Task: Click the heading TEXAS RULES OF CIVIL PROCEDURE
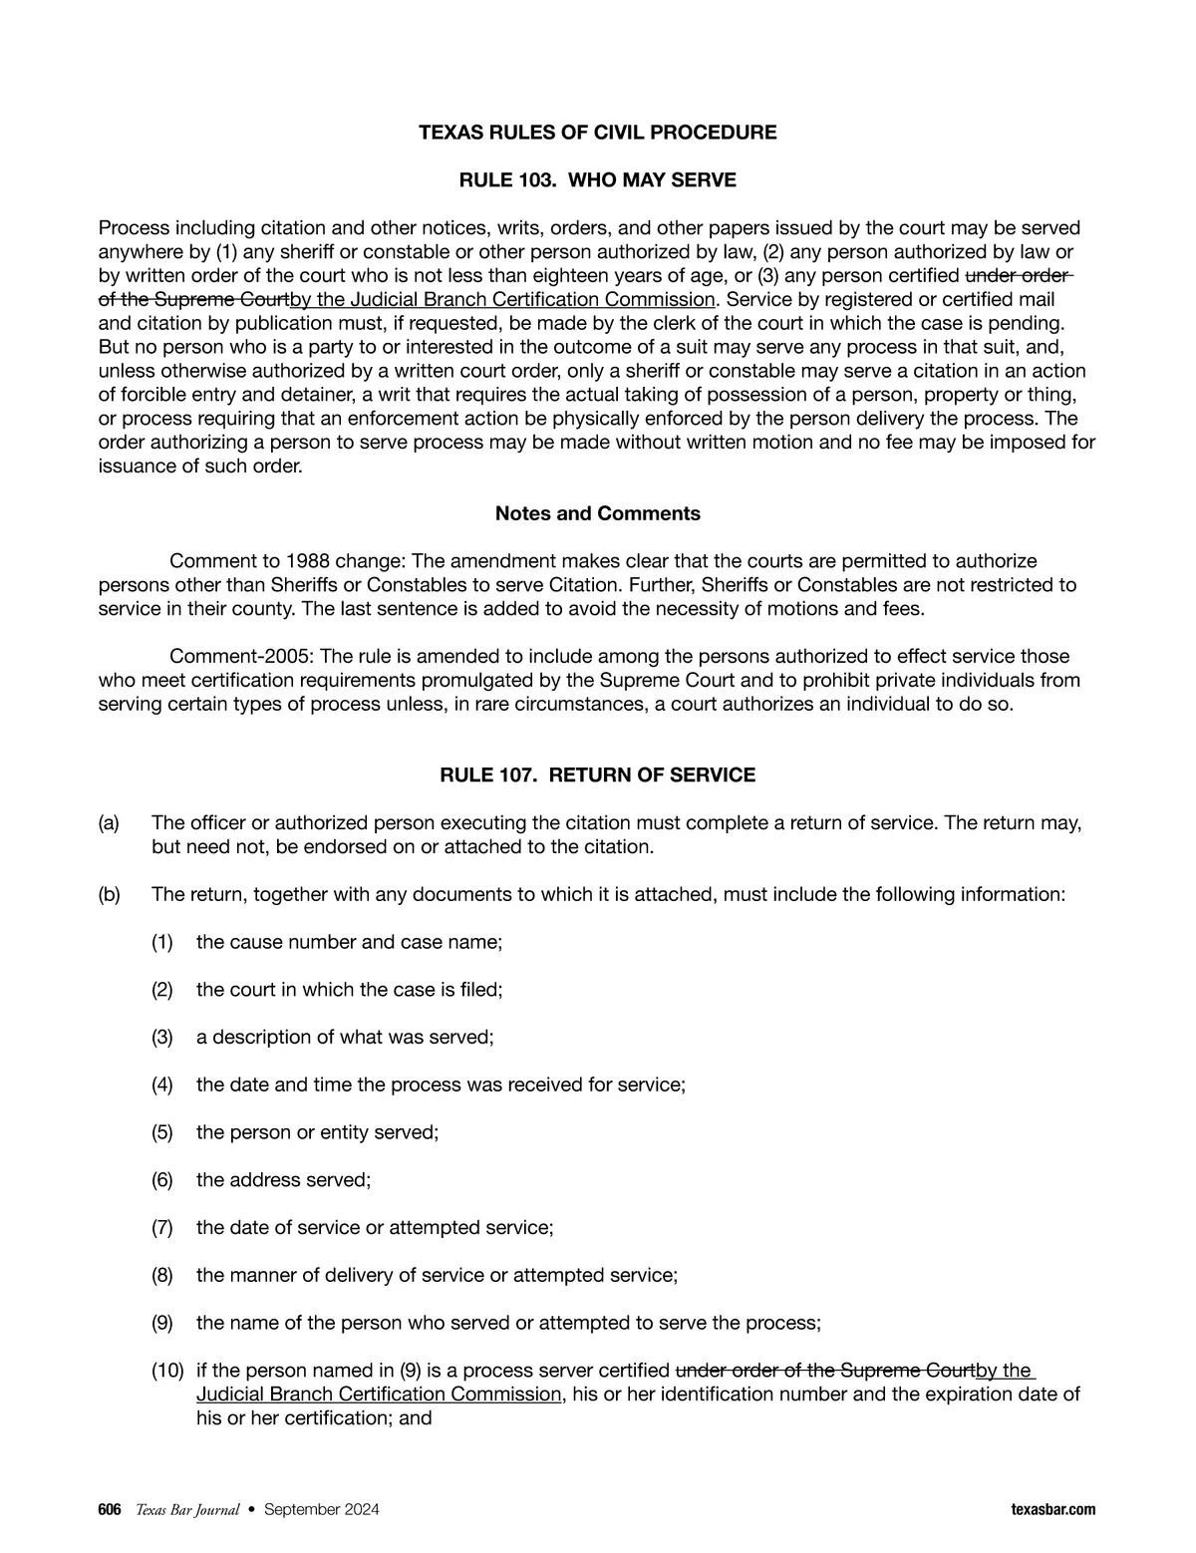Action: click(x=597, y=133)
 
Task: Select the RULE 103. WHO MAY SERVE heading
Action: click(x=597, y=180)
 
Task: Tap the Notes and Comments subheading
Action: click(x=597, y=513)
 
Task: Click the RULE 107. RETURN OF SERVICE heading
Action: click(x=597, y=775)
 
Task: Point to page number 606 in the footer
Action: click(x=110, y=1510)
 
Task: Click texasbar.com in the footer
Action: click(x=1052, y=1510)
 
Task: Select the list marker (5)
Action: click(x=162, y=1132)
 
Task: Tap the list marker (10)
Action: click(x=167, y=1371)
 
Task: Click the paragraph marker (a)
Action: click(x=109, y=823)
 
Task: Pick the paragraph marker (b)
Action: click(x=109, y=894)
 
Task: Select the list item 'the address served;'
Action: click(x=283, y=1180)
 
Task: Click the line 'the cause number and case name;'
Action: click(x=349, y=942)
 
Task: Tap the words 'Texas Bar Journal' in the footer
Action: click(x=187, y=1510)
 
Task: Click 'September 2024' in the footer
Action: click(x=321, y=1510)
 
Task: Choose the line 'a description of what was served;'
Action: click(x=345, y=1038)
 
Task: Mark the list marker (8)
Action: click(x=162, y=1275)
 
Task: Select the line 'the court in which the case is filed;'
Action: click(x=349, y=990)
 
